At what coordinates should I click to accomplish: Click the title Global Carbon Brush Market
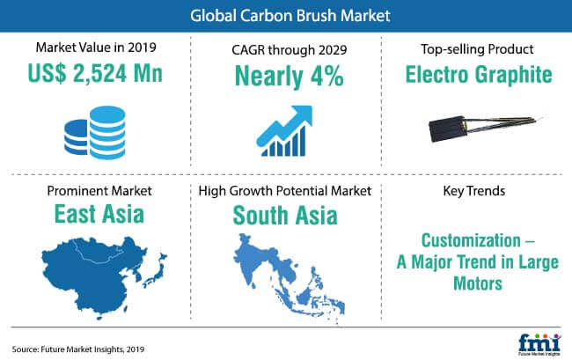click(290, 16)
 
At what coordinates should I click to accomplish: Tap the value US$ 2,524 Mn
click(95, 73)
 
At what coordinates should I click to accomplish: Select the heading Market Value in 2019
click(96, 48)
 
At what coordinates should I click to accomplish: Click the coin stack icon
click(95, 133)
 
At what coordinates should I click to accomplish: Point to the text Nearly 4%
click(290, 76)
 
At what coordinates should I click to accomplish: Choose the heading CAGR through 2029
click(290, 50)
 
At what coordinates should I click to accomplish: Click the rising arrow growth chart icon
click(284, 131)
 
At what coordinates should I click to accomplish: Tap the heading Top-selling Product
click(477, 49)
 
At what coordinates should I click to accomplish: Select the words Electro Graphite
click(479, 75)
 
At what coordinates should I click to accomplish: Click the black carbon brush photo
click(481, 129)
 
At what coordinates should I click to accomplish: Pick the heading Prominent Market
click(99, 191)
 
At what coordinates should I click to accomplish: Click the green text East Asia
click(99, 214)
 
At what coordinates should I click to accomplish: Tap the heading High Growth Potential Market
click(285, 191)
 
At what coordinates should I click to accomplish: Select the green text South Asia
click(285, 215)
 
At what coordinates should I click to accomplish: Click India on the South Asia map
click(255, 259)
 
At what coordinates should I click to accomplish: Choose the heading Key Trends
click(474, 191)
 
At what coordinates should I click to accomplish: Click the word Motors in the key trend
click(478, 283)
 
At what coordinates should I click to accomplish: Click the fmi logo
click(539, 345)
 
